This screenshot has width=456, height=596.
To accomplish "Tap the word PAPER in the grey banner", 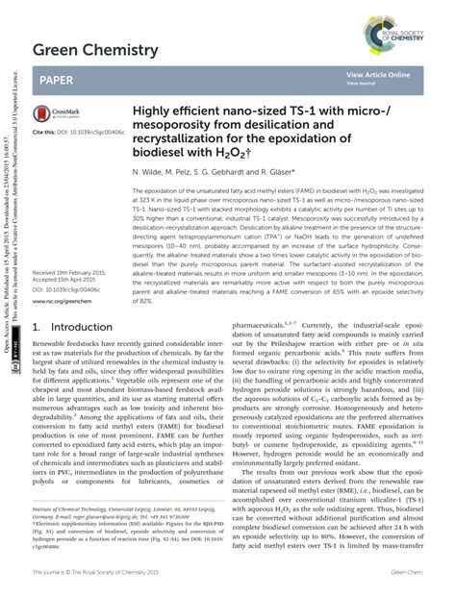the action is coord(57,81).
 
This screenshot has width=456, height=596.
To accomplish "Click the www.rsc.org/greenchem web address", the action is coord(67,301).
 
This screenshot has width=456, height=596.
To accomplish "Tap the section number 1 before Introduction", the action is coord(37,327).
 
